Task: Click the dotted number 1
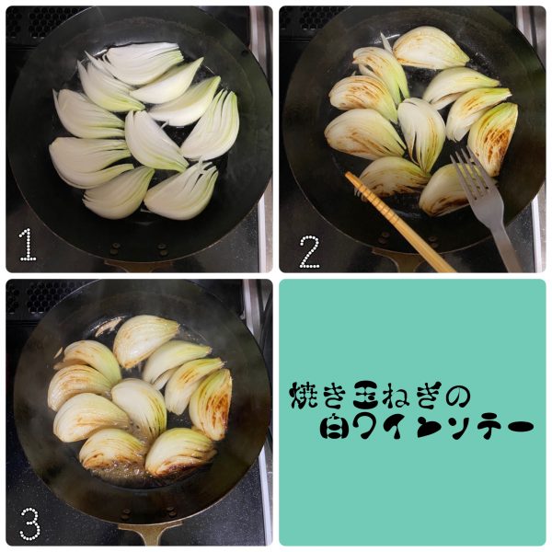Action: tap(28, 245)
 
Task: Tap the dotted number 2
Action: tap(309, 252)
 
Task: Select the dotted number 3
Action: tap(30, 523)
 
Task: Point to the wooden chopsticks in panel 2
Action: tap(399, 222)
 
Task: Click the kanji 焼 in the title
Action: tap(303, 396)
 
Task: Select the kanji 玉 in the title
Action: tap(367, 396)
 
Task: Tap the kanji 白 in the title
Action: tap(333, 426)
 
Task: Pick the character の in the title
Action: tap(458, 396)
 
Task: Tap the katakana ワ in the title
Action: tap(364, 426)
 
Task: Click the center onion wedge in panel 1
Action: tap(154, 141)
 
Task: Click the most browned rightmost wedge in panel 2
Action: tap(493, 139)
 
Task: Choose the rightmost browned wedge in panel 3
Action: tap(212, 404)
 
